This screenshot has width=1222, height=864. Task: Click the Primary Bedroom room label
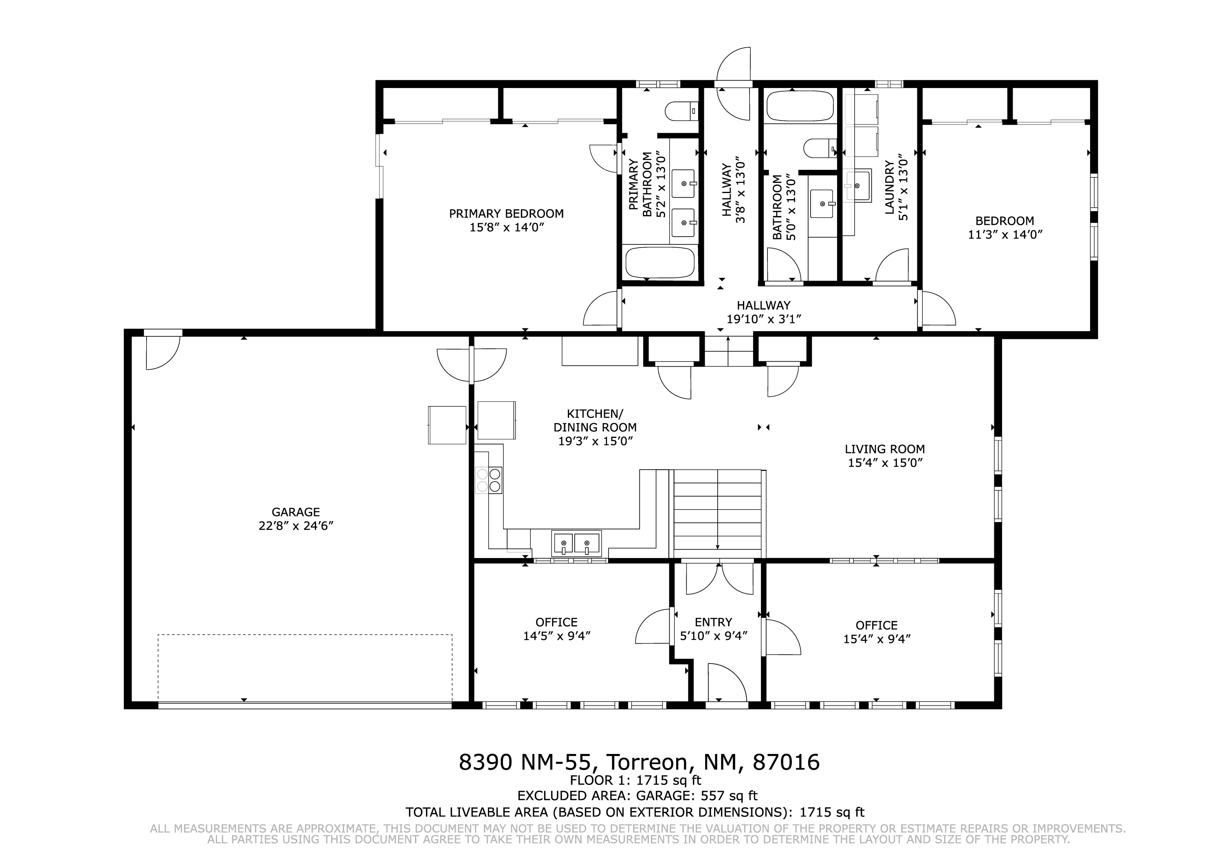506,214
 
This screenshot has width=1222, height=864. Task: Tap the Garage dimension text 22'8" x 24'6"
296,526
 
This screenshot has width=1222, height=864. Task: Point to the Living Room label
885,449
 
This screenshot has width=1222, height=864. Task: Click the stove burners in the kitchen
489,479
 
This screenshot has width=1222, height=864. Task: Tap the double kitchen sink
576,543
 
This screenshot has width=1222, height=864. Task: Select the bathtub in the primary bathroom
660,262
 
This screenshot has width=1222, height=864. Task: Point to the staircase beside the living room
717,514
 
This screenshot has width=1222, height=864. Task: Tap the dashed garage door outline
305,668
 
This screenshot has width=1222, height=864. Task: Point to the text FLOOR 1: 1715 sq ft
635,781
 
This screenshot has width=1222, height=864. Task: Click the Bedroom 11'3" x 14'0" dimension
1005,235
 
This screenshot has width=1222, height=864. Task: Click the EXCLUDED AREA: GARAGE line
637,796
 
